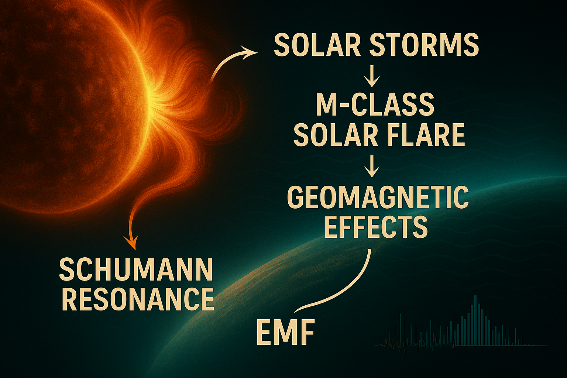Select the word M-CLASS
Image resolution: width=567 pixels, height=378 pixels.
pos(375,105)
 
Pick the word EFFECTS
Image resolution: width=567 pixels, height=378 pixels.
pos(376,227)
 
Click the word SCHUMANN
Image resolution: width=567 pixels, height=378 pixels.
pos(136,270)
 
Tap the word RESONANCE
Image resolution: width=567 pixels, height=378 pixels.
pos(138,300)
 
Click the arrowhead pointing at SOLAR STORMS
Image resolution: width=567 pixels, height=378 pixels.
pos(248,52)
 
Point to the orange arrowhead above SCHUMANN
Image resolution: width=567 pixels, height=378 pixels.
pos(131,242)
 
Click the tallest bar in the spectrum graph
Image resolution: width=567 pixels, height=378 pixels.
pos(475,320)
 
